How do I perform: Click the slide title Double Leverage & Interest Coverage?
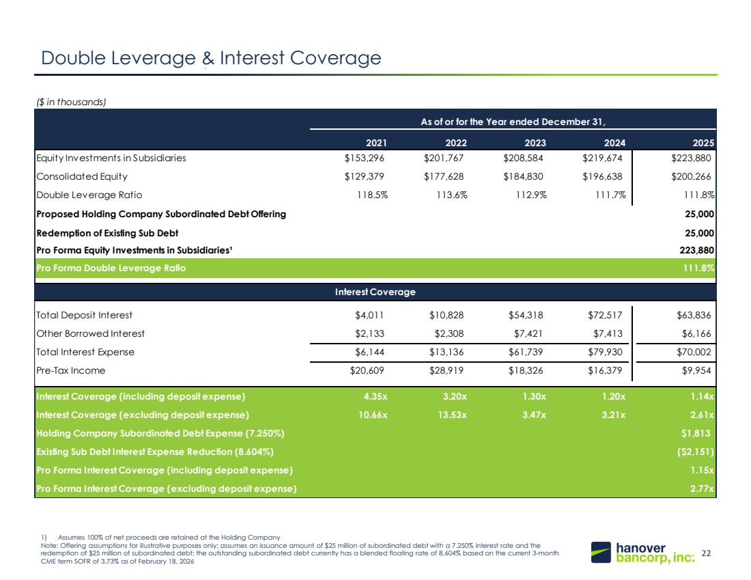pos(211,58)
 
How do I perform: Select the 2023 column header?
pos(535,143)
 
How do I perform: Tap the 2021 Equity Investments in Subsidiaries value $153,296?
pos(364,158)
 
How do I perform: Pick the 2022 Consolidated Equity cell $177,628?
pos(444,176)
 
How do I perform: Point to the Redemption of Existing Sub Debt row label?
pos(107,234)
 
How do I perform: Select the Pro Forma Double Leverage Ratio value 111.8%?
pos(698,268)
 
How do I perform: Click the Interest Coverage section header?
pos(375,292)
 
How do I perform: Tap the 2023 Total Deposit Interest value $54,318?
pos(526,315)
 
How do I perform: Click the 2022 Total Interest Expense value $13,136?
pos(447,353)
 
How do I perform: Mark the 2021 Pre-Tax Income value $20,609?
pos(367,370)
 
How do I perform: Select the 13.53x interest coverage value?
pos(452,415)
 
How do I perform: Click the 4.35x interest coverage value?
pos(375,396)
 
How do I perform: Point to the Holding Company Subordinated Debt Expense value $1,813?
pos(696,433)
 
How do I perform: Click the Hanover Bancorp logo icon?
pos(601,552)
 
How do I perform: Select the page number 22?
pos(706,553)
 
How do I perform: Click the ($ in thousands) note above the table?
pos(71,102)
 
